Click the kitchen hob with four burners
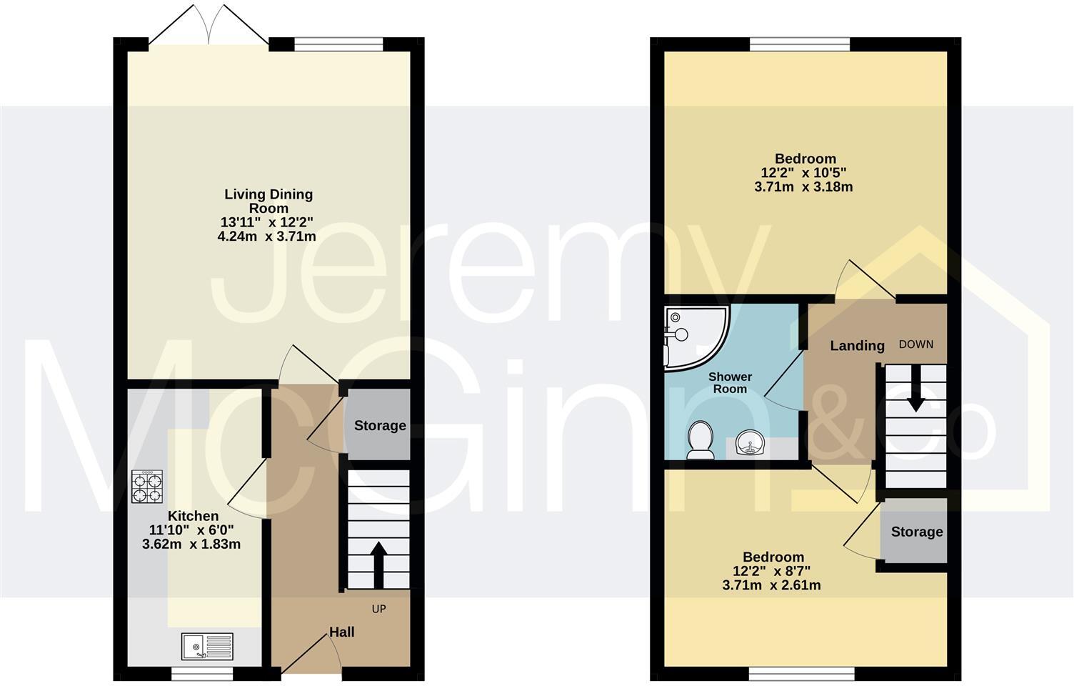coord(147,487)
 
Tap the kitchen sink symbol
coord(206,647)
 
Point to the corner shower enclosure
coord(693,336)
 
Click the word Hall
coord(341,632)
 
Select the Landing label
coord(857,346)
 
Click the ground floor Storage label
coord(380,426)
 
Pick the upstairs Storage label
coord(917,532)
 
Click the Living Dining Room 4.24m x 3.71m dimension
coord(267,236)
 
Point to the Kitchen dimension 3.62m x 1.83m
coord(191,544)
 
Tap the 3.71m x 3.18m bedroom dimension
coord(803,187)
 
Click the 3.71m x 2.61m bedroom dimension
coord(771,585)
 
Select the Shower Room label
coord(730,383)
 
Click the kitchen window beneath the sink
coord(202,673)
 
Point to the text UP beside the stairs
coord(378,610)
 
